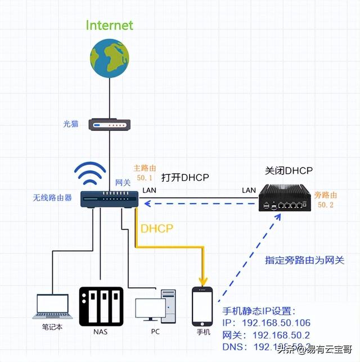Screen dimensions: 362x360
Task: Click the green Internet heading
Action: [110, 25]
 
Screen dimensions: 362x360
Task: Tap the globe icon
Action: [110, 57]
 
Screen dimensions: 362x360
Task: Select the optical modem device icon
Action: [110, 124]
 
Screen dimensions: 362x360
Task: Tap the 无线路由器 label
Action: [52, 198]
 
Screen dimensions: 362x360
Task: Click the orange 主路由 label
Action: [143, 168]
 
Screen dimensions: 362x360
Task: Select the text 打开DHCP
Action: [185, 178]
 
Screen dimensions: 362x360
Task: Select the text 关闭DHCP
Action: [289, 170]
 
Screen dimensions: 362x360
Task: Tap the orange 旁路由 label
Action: [326, 194]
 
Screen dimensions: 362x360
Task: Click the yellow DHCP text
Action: [157, 229]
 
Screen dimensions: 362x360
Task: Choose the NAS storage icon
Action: [101, 306]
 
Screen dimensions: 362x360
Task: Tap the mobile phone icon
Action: [202, 307]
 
